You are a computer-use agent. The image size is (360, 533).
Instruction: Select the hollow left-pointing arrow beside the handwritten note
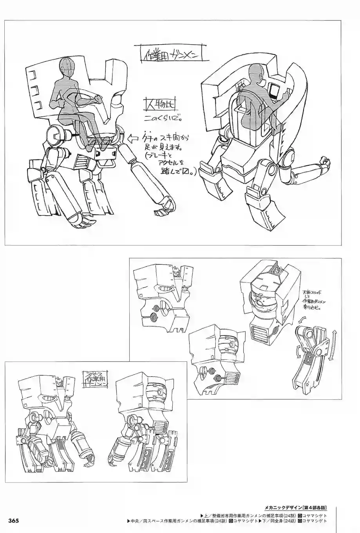coord(133,138)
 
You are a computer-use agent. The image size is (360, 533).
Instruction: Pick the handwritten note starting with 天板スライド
coord(314,300)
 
